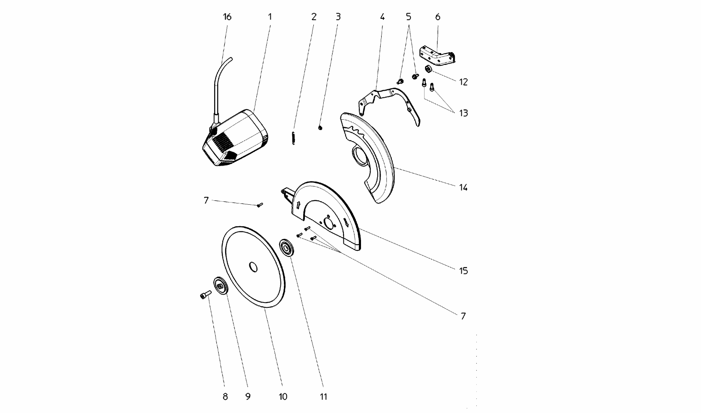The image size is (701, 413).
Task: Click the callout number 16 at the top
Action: click(x=227, y=17)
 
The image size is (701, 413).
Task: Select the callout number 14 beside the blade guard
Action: click(x=463, y=188)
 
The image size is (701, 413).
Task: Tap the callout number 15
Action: click(x=463, y=271)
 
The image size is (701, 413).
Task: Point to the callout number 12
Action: click(x=463, y=82)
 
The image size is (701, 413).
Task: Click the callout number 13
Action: click(x=463, y=113)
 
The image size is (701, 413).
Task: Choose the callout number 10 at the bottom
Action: click(x=283, y=397)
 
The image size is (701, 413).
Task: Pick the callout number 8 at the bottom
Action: click(x=225, y=397)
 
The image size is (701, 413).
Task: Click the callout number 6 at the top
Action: click(x=438, y=17)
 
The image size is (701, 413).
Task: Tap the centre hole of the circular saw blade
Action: click(x=253, y=267)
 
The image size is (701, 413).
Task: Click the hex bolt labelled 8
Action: click(x=205, y=295)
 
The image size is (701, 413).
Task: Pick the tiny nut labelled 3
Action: click(x=320, y=128)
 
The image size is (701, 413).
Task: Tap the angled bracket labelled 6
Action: click(x=438, y=54)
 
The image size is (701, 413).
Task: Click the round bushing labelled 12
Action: click(x=428, y=69)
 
